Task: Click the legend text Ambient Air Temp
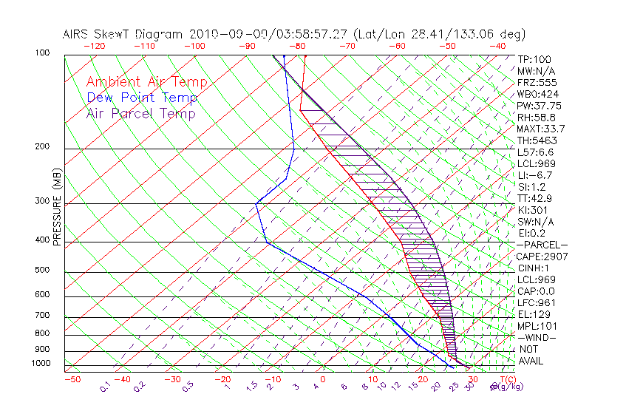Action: tap(146, 82)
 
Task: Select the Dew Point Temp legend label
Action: tap(141, 98)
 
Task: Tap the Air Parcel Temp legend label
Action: tap(140, 113)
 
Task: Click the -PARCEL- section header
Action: tap(542, 245)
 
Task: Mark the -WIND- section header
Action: tap(537, 337)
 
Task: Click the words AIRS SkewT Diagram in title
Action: tap(123, 34)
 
